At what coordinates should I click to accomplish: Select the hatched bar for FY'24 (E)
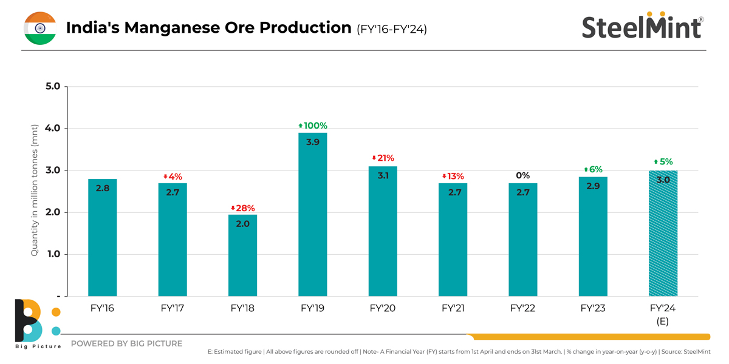[663, 234]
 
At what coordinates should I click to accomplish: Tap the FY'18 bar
[242, 255]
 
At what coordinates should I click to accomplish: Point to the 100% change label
[313, 126]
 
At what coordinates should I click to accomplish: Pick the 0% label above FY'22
[523, 175]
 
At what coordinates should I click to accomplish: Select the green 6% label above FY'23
[594, 169]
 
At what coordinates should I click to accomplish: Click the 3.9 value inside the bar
[313, 142]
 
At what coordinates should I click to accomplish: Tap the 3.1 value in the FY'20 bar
[383, 175]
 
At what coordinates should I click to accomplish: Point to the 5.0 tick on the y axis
[53, 86]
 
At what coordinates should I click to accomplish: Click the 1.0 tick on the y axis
[53, 254]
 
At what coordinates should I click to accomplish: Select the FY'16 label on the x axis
[102, 308]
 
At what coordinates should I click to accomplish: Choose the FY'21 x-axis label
[453, 308]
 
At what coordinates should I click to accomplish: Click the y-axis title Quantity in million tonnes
[35, 191]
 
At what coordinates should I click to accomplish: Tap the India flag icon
[40, 28]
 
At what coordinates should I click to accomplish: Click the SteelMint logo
[642, 27]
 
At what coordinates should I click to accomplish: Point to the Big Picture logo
[36, 323]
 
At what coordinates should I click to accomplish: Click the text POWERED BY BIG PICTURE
[126, 343]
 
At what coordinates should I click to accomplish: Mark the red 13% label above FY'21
[453, 176]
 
